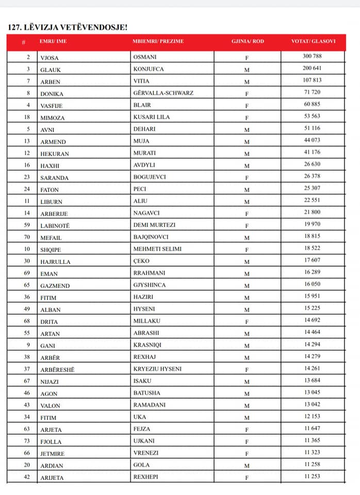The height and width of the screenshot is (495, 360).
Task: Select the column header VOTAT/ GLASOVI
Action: click(x=312, y=41)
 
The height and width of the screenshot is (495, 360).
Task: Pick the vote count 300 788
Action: click(x=312, y=56)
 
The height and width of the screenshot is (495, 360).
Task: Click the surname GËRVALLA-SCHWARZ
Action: click(x=163, y=93)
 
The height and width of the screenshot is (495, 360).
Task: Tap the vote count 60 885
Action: click(x=312, y=104)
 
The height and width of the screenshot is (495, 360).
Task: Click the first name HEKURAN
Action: click(x=55, y=154)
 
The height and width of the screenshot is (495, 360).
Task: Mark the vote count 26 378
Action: click(x=312, y=176)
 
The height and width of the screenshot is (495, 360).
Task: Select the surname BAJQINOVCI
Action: click(x=154, y=238)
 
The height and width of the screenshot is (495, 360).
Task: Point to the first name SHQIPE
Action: click(x=51, y=250)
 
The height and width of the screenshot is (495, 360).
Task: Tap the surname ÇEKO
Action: click(x=142, y=261)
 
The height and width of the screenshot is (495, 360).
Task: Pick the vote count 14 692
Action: click(x=312, y=320)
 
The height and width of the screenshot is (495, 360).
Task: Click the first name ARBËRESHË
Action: click(x=57, y=369)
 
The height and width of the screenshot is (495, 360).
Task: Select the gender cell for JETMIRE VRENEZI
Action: click(x=247, y=454)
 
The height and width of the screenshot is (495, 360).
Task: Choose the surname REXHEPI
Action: click(x=145, y=477)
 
